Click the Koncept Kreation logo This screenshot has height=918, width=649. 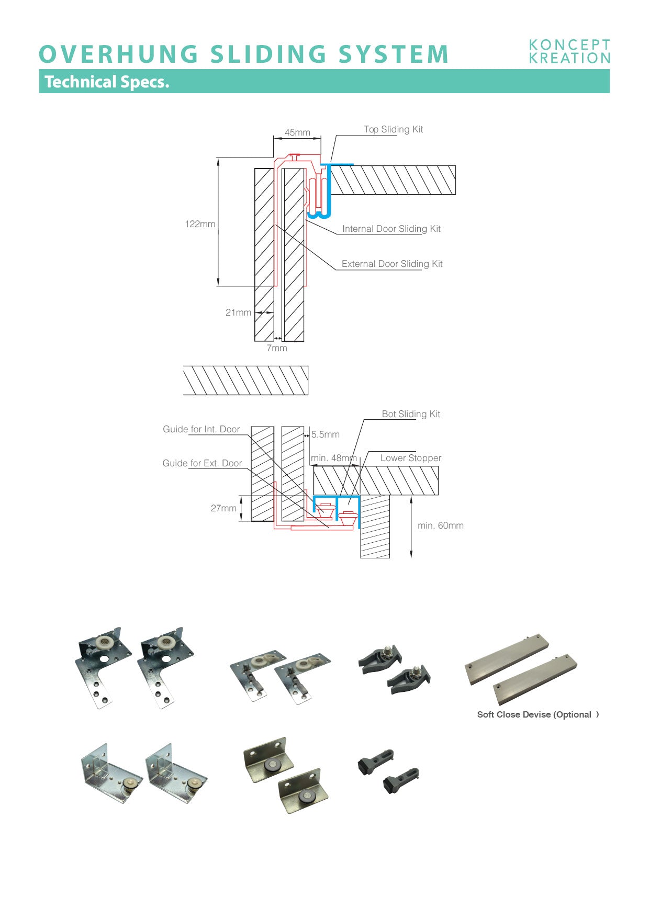point(569,51)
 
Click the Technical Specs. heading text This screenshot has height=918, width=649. point(107,82)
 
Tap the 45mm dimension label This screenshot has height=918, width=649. point(297,132)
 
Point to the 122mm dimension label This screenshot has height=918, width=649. point(200,224)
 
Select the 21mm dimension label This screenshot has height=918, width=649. point(238,312)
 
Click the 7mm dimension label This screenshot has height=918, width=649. point(277,348)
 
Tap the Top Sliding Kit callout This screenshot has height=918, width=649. point(393,129)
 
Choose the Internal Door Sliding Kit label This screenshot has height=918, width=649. point(391,229)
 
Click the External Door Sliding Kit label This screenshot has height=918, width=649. point(392,264)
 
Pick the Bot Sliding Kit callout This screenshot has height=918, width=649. point(411,414)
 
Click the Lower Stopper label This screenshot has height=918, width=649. point(411,458)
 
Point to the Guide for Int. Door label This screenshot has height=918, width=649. point(201,429)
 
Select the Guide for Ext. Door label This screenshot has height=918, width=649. point(202,463)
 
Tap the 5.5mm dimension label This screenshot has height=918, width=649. point(326,434)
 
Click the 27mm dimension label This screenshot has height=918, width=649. point(223,508)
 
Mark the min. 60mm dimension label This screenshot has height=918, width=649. point(441,525)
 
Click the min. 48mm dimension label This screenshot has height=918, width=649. point(333,458)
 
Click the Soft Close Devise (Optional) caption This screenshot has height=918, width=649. point(538,714)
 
